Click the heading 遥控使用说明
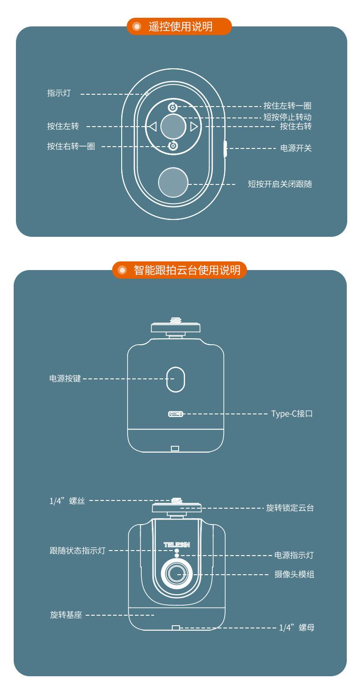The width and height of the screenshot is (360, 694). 180,26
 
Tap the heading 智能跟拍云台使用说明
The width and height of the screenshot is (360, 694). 187,270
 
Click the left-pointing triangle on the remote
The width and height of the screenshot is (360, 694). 153,126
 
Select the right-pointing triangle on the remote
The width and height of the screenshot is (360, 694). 194,126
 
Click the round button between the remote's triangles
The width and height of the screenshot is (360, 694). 173,126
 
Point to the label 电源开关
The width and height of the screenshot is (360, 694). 296,148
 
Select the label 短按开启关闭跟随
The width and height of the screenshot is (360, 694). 280,184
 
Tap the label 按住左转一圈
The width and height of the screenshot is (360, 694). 288,106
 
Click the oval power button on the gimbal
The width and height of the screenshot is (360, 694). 175,379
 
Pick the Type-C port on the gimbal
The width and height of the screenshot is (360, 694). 175,414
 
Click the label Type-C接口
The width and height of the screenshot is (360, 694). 292,414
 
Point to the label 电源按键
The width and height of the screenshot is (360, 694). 65,378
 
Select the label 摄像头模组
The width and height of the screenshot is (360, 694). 294,575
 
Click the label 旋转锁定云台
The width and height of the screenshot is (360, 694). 290,508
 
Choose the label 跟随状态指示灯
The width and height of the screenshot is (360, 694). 77,551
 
